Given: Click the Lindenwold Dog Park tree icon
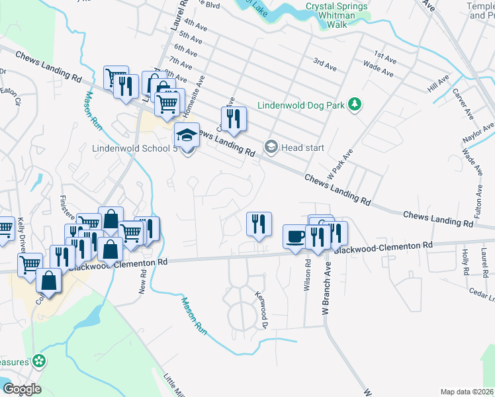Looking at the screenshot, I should [355, 105].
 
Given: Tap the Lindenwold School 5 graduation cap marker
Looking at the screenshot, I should [187, 136].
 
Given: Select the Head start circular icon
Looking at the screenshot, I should [271, 148].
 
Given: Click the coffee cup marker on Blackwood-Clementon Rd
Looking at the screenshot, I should [294, 237].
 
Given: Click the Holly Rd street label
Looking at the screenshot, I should [467, 263].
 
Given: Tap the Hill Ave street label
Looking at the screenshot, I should [438, 83].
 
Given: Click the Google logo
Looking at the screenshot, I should [22, 389].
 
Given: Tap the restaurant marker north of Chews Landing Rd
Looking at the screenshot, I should [234, 119].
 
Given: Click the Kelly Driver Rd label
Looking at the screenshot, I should [21, 236].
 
